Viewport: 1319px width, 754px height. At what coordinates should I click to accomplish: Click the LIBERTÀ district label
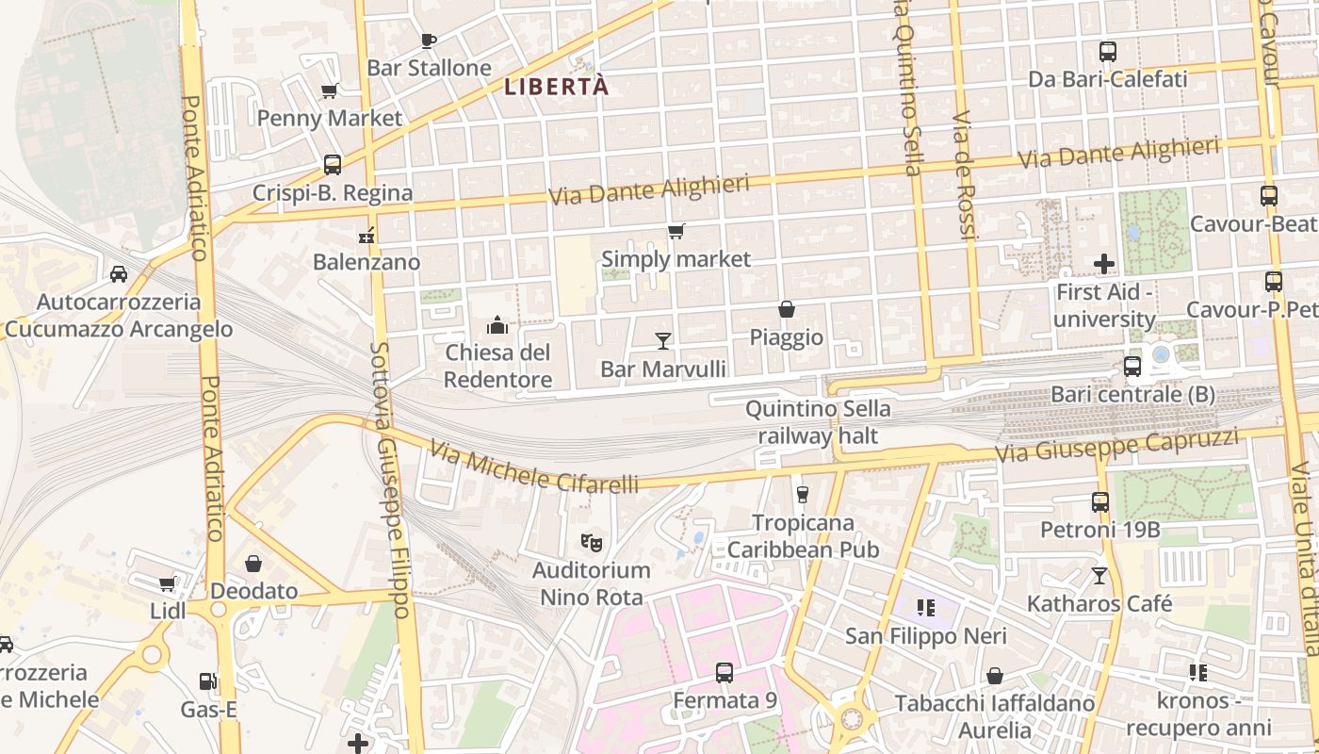557,87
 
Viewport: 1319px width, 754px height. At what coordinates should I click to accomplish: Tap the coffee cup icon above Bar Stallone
428,41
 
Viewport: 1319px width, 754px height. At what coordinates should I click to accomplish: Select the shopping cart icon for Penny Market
329,91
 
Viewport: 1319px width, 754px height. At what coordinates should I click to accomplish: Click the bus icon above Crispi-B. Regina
332,165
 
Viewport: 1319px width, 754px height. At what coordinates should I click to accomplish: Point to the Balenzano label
366,262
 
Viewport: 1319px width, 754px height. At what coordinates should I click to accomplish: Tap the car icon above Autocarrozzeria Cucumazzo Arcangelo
119,274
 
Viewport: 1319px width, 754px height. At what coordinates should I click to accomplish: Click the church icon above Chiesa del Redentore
497,326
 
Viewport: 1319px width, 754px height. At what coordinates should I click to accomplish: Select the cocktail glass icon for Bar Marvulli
663,340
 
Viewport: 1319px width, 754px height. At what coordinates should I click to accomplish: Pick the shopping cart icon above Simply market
676,231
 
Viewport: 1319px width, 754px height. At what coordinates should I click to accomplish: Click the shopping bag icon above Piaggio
786,309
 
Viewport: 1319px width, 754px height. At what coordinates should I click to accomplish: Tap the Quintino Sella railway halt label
818,422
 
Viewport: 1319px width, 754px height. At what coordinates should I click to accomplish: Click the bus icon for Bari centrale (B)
1132,366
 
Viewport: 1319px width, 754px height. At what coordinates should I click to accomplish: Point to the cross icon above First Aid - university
1104,264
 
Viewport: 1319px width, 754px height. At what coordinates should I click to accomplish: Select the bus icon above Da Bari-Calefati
1108,52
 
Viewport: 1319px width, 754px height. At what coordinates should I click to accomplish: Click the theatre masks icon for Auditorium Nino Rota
592,542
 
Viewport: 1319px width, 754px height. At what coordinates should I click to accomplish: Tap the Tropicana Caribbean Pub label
804,535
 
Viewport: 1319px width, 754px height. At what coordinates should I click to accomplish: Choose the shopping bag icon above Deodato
253,564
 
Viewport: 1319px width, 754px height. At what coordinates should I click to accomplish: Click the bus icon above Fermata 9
724,673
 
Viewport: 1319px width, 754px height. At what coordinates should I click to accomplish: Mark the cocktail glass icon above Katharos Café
1099,575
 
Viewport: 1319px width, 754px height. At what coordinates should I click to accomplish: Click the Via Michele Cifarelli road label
533,467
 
